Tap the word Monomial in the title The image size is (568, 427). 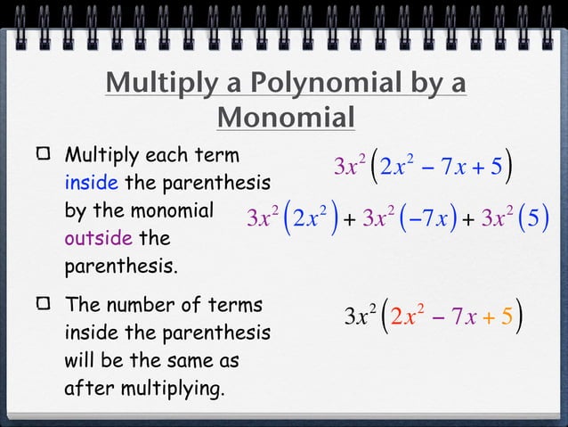click(x=286, y=117)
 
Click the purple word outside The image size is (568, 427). click(x=98, y=240)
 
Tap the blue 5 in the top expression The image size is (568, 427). click(x=495, y=166)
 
